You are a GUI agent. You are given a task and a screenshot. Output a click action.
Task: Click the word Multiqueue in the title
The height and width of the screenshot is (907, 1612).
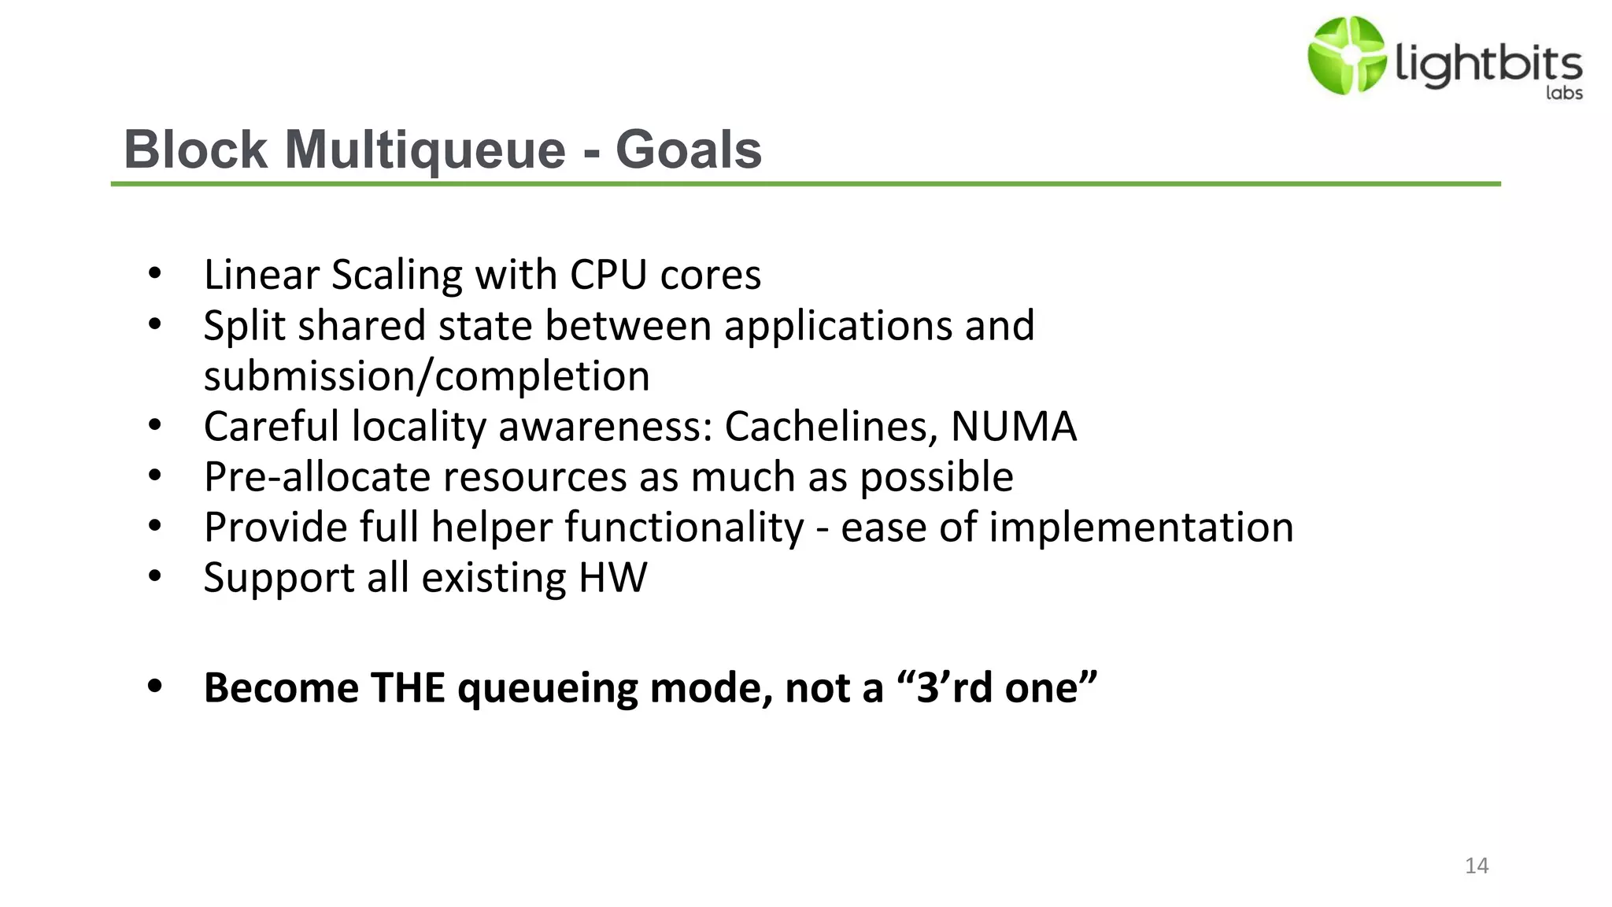425,150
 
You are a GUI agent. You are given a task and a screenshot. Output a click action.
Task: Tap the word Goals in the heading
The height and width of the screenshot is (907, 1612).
689,150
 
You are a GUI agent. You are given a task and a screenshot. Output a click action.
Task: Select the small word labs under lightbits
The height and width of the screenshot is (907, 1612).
1564,93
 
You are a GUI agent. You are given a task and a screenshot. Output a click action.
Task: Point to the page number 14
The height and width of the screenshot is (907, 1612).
1477,865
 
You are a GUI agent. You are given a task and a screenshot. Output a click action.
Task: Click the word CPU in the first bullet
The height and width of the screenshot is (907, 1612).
608,275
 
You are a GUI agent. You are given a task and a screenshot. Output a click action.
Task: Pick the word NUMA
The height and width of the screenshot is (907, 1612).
1013,426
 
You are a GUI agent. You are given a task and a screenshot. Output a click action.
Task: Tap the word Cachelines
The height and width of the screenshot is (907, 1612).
830,426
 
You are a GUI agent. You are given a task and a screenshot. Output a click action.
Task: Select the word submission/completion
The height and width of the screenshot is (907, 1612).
427,376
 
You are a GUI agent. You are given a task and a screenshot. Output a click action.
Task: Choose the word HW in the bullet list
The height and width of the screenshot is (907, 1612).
612,577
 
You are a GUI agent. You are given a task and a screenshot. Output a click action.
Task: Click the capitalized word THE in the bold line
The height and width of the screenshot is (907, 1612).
408,687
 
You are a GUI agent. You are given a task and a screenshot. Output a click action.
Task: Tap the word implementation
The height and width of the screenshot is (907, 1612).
1141,527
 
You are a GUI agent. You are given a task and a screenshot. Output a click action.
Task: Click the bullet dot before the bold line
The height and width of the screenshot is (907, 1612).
155,686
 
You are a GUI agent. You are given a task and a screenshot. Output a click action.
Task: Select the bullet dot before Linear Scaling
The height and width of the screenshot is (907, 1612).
155,274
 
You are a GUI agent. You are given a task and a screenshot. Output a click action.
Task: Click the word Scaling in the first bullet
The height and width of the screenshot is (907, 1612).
397,275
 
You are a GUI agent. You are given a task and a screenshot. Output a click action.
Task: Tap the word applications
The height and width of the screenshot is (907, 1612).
837,325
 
